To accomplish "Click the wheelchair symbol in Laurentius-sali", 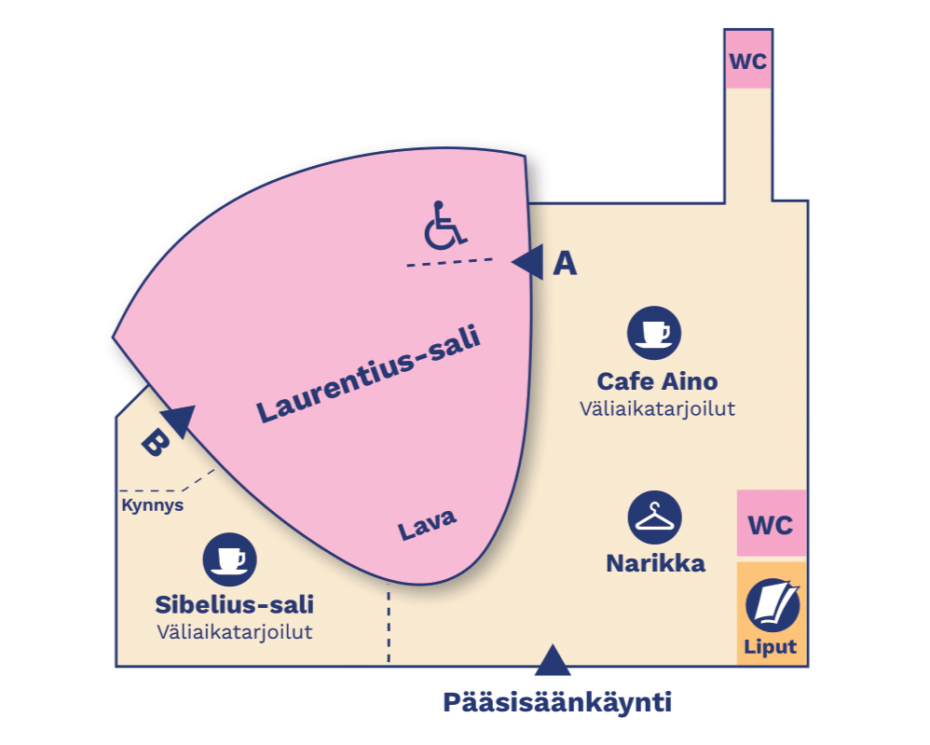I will point(444,224).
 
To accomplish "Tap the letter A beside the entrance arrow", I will point(565,265).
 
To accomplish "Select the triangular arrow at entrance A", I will point(529,263).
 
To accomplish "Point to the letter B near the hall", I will point(154,443).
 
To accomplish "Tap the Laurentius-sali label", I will point(369,376).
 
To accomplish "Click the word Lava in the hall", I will point(428,526).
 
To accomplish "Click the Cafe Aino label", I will point(657,381).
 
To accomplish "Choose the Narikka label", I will point(655,563).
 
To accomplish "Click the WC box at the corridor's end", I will point(748,62).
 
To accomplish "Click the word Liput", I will point(772,647).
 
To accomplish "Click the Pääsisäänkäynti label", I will point(557,701).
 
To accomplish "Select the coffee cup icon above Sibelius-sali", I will point(229,559).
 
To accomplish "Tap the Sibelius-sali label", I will point(234,604).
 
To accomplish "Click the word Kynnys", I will point(152,506).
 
